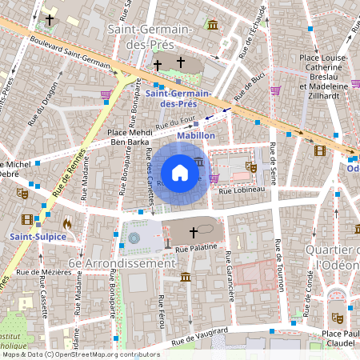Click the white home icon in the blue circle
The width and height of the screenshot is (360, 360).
click(x=180, y=172)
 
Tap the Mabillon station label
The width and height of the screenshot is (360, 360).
click(x=197, y=136)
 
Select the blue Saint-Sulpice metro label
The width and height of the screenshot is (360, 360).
click(x=38, y=237)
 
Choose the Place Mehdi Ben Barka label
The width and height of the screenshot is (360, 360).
click(x=129, y=137)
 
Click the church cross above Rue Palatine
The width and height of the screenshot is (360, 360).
click(x=193, y=233)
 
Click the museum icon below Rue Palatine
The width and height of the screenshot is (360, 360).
click(x=186, y=277)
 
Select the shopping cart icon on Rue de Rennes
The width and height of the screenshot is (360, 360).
click(x=106, y=95)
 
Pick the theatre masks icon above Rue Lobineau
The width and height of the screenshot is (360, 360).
click(x=251, y=167)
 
